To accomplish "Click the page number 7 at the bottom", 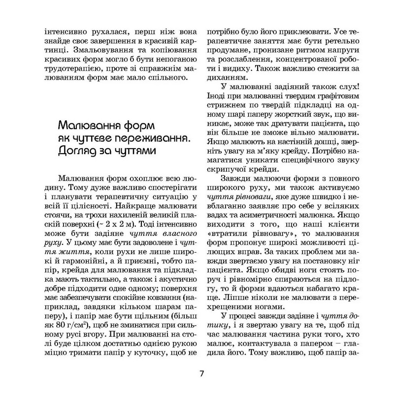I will tap(201, 373).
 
